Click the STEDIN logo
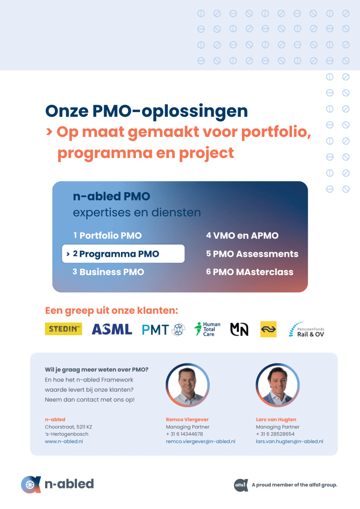[x=63, y=329]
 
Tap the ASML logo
[x=112, y=329]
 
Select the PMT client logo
[x=164, y=329]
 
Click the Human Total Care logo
[x=207, y=329]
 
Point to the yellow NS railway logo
[x=269, y=329]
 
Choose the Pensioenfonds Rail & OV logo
[x=307, y=329]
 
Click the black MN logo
[x=239, y=329]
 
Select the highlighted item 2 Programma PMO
[x=123, y=254]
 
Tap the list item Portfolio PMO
[x=107, y=235]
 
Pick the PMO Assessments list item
[x=252, y=254]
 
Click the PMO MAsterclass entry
[x=250, y=272]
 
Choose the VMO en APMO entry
[x=242, y=235]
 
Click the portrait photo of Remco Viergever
[x=187, y=385]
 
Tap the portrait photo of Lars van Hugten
[x=277, y=385]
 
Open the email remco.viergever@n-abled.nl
[x=201, y=442]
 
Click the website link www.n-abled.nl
[x=64, y=442]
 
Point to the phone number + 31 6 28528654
[x=275, y=434]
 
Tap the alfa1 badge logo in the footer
[x=241, y=485]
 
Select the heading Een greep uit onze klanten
[x=112, y=311]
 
